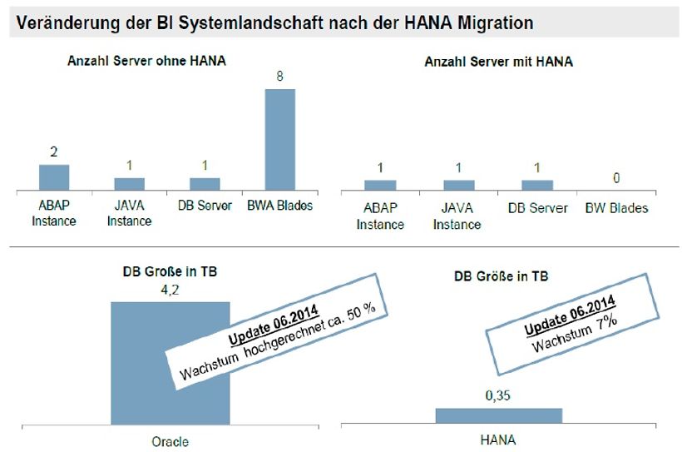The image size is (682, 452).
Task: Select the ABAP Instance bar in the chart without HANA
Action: [x=54, y=177]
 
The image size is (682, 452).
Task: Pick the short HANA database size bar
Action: [x=499, y=415]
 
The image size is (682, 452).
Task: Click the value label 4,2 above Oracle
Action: [x=170, y=291]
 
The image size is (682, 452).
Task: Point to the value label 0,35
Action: [x=499, y=398]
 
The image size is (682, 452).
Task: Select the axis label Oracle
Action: [x=170, y=441]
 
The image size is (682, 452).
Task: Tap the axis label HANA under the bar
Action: [x=499, y=440]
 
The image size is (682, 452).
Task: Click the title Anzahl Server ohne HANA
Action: [x=147, y=61]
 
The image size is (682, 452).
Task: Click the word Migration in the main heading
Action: [x=492, y=22]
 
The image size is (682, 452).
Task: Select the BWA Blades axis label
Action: [x=280, y=205]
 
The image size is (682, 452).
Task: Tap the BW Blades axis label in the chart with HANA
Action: [x=616, y=207]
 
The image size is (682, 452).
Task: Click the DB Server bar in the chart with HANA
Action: [x=537, y=184]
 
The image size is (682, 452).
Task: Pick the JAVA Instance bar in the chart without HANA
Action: [x=129, y=183]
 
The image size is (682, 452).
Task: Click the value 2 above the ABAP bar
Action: [x=54, y=153]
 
